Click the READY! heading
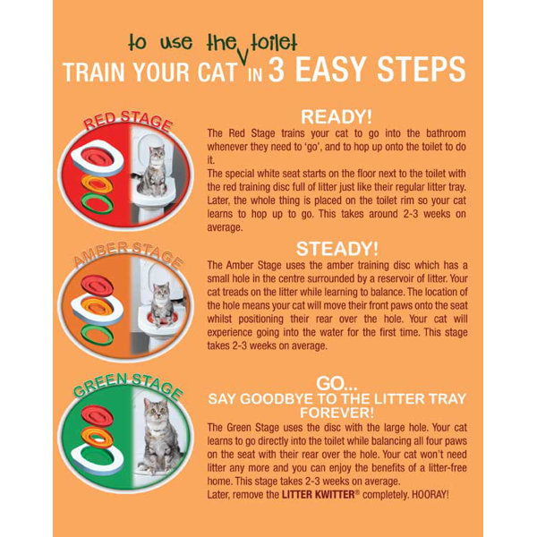tap(337, 116)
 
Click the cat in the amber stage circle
tap(162, 305)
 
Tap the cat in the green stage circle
tap(161, 439)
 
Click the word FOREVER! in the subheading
tap(337, 412)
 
